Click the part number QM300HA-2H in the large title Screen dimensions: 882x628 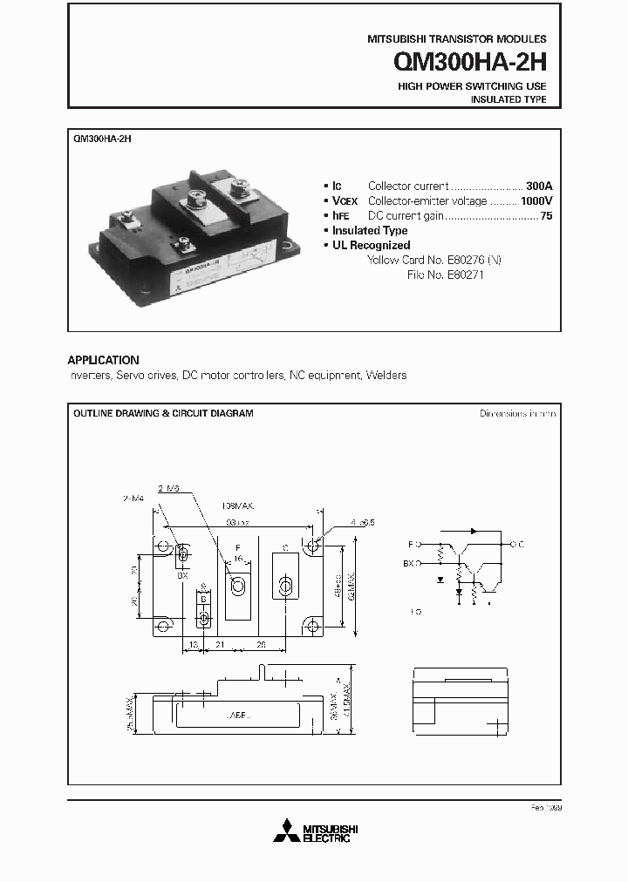tap(470, 63)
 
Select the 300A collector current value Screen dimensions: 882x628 tap(539, 186)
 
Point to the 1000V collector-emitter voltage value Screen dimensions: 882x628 tap(536, 200)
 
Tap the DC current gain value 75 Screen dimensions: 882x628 tap(546, 215)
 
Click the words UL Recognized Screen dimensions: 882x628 tap(371, 245)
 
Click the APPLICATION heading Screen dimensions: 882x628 tap(103, 360)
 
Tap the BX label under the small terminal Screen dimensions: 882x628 tap(182, 576)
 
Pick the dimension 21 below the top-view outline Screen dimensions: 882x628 tap(222, 646)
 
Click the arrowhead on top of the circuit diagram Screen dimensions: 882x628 tap(473, 530)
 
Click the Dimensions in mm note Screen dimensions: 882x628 tap(517, 414)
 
